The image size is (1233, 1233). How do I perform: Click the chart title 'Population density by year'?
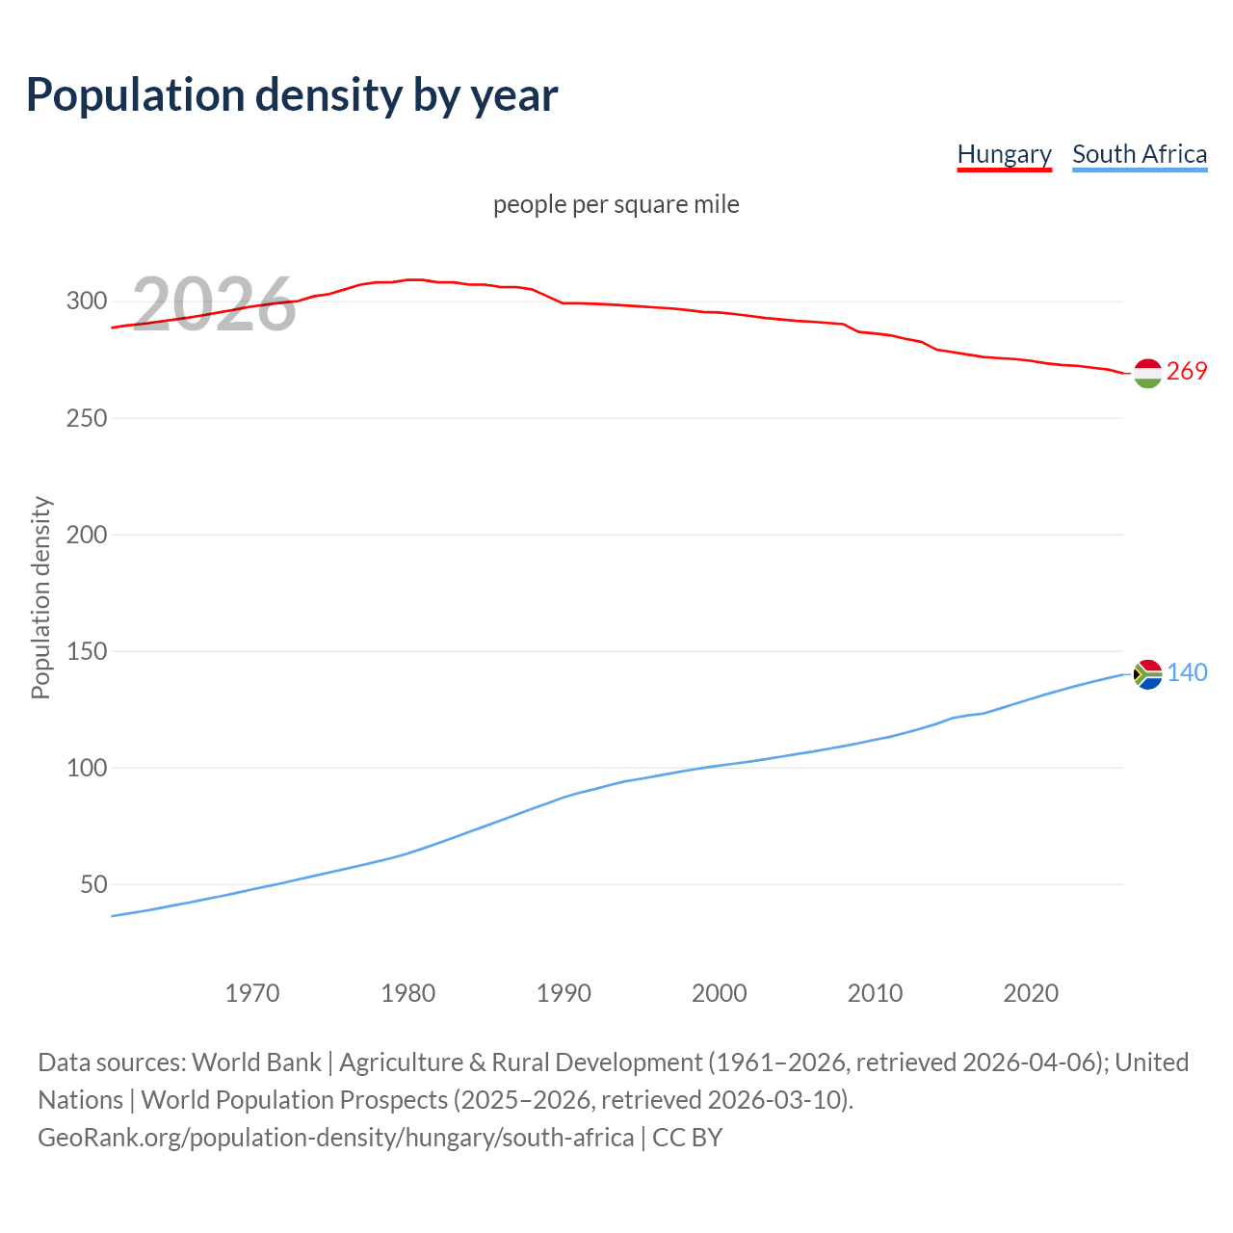click(x=292, y=94)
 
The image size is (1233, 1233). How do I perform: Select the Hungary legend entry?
click(x=1004, y=154)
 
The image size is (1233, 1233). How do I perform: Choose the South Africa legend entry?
click(x=1140, y=154)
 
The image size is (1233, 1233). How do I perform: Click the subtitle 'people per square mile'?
click(x=616, y=204)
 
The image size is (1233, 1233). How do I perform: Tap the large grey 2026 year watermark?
click(x=214, y=304)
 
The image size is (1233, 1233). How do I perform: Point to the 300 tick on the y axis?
click(x=86, y=302)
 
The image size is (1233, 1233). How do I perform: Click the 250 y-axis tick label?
click(x=86, y=418)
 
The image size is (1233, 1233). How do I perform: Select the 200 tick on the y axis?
click(x=86, y=535)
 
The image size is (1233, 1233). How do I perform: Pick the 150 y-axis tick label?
click(x=86, y=651)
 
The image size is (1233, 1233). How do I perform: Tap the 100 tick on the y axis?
click(x=86, y=768)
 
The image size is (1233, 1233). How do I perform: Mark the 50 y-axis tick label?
click(x=92, y=884)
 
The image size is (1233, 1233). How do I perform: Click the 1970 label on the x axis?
click(x=252, y=993)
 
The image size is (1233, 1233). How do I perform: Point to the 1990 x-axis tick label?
click(x=564, y=993)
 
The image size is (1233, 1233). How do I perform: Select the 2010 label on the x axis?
click(x=875, y=993)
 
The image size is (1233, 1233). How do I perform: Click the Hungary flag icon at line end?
click(x=1147, y=373)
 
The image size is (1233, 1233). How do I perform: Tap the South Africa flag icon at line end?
click(x=1147, y=674)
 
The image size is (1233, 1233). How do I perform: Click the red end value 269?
click(x=1187, y=372)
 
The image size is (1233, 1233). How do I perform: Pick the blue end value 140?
click(x=1187, y=673)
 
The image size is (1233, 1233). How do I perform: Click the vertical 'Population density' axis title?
click(x=40, y=597)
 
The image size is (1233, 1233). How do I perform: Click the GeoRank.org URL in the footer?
click(x=335, y=1138)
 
